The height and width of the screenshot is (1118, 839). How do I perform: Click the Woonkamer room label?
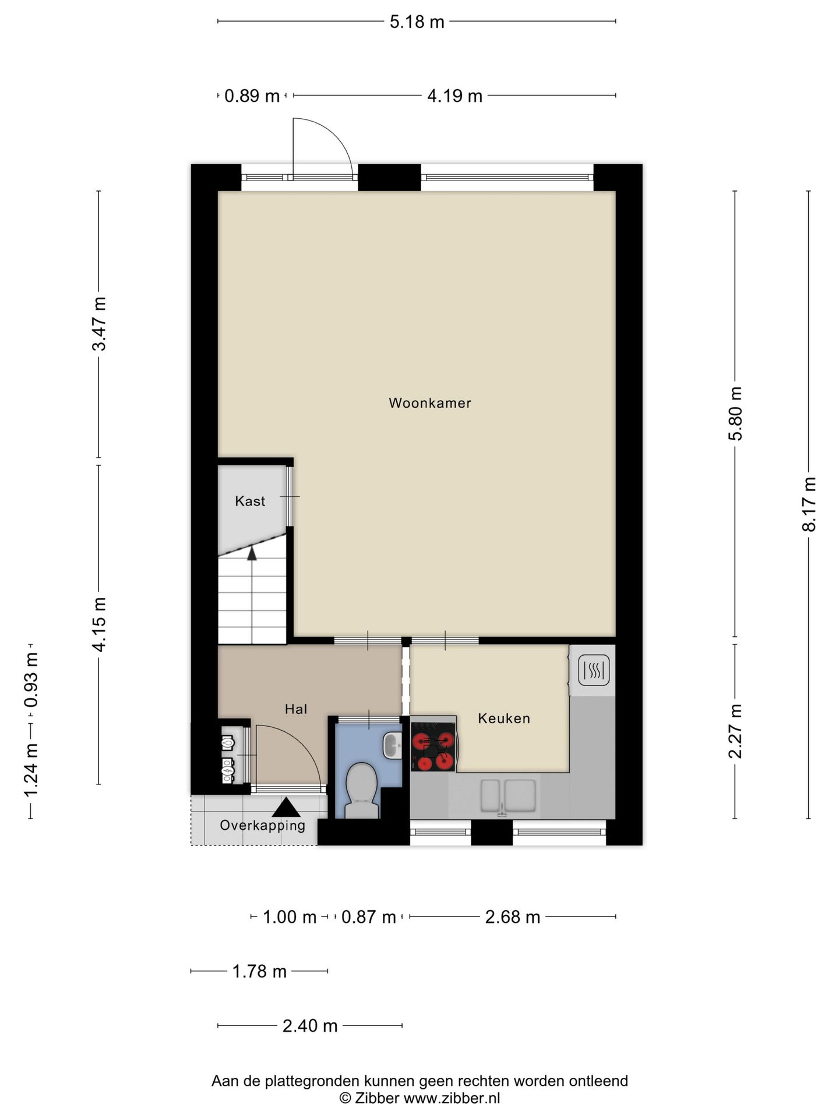(430, 403)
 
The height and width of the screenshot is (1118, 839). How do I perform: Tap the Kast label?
(250, 501)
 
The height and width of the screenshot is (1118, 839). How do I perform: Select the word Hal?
(296, 709)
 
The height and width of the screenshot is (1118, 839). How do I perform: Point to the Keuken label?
(504, 718)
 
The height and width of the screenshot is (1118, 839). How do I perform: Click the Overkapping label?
(263, 825)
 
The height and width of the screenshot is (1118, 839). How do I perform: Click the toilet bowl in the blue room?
(361, 791)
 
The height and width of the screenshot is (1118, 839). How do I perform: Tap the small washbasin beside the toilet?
(392, 745)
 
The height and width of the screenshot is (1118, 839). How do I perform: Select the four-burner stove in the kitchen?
(433, 746)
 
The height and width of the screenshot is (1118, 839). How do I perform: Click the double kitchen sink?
(508, 796)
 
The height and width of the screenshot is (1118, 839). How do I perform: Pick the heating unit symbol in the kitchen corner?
(594, 670)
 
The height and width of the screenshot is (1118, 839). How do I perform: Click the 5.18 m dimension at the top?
(417, 22)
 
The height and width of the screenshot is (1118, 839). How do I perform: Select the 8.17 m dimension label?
(809, 504)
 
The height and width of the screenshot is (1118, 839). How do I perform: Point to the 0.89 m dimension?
(252, 95)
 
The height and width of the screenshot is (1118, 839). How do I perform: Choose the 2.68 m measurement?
(513, 917)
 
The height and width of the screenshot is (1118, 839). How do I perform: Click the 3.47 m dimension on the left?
(99, 324)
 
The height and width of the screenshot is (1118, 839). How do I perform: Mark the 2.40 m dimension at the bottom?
(310, 1025)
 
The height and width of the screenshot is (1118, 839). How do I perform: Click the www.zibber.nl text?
(452, 1098)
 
